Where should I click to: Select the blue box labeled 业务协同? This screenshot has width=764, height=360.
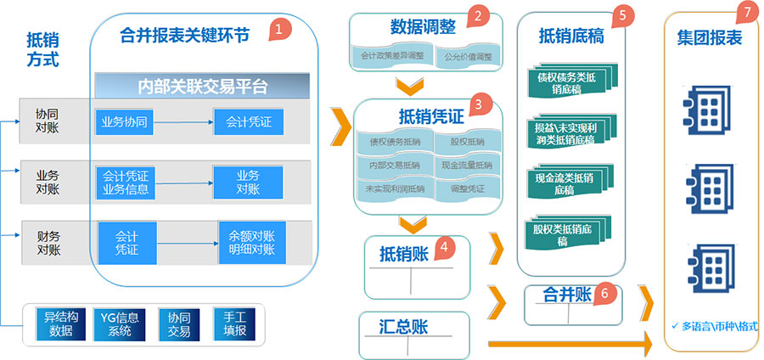pos(125,122)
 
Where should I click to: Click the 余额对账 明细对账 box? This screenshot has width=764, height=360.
pos(252,241)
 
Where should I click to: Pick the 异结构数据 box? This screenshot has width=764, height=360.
pos(65,325)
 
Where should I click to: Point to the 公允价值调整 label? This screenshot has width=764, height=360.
pos(468,57)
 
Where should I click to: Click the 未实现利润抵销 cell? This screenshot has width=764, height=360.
pos(392,188)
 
